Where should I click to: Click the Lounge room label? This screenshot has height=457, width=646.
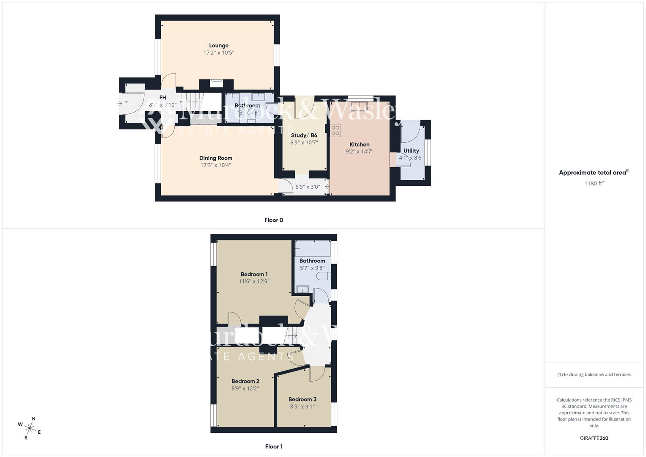pos(219,46)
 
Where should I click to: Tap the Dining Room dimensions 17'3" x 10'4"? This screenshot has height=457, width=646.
pos(216,165)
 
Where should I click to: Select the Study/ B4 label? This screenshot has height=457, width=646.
pos(304,135)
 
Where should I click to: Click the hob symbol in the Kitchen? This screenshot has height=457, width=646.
pos(335,130)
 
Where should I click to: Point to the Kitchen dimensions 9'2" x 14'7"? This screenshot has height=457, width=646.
pos(359,151)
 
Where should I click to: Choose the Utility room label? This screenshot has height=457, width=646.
pos(411,151)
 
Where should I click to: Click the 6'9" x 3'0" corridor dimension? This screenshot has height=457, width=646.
pos(308,187)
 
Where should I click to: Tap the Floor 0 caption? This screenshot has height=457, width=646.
pos(274,220)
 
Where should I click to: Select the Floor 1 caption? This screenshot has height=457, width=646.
pos(274,446)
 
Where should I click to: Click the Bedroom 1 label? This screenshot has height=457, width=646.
pos(254,274)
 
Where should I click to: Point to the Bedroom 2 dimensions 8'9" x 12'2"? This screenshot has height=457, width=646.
pos(245,388)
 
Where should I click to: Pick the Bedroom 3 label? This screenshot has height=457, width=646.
pos(302,399)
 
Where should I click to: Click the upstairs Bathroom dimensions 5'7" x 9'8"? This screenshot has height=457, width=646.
pos(312,268)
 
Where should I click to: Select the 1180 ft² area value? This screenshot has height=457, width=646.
pos(594,184)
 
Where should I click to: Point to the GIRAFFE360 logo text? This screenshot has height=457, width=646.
pos(594,438)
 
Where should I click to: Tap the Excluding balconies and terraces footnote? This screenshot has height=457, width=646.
pos(594,374)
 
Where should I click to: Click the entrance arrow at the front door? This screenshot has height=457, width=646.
pos(120,103)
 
